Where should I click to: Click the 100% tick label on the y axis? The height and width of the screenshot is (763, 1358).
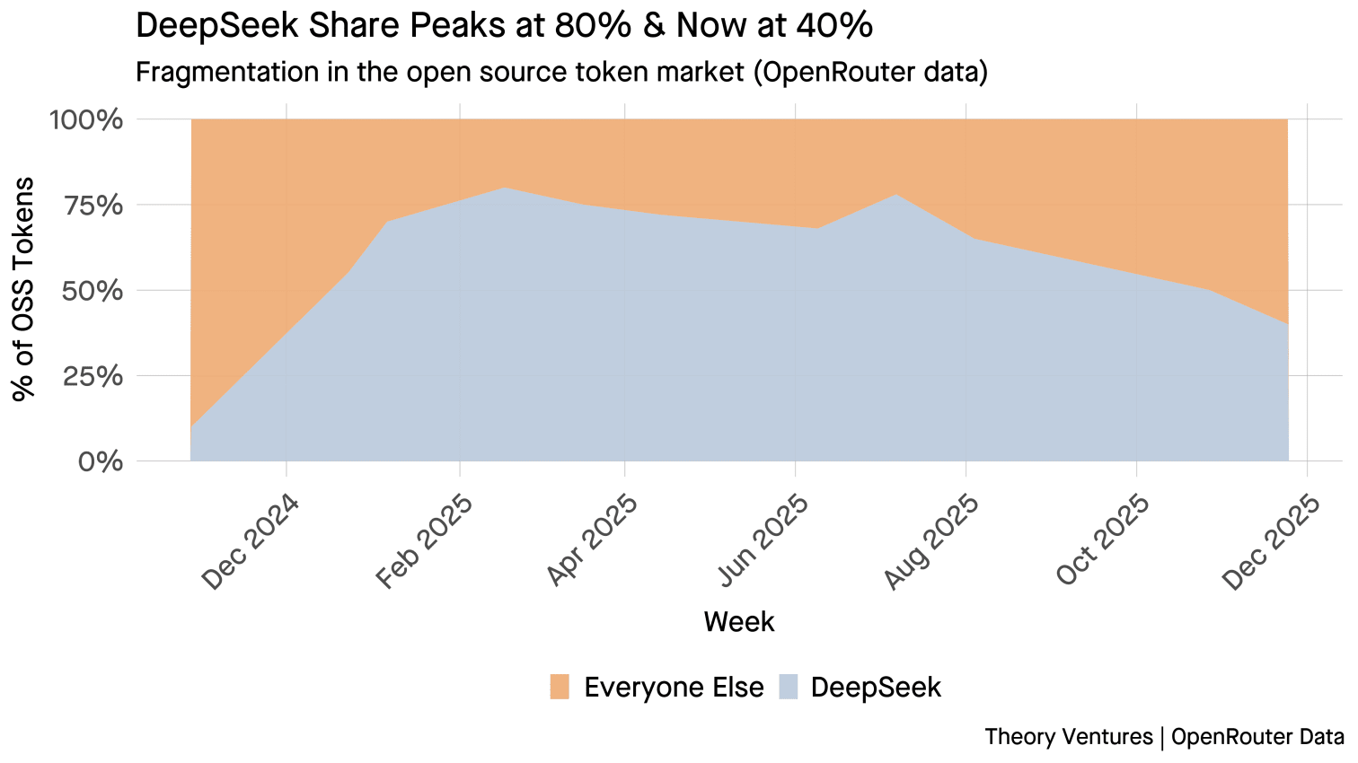85,120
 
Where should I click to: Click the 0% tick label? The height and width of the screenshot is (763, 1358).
100,462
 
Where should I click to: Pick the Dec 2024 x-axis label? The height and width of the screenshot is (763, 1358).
250,541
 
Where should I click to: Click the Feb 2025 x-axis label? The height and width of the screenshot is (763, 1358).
423,541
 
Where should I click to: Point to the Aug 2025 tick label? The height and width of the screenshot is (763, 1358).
931,541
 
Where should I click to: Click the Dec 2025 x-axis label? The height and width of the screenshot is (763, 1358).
1272,541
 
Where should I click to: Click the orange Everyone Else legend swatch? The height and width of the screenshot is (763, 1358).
560,687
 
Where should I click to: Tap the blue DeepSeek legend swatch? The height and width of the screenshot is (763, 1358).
786,687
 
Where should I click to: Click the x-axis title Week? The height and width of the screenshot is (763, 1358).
738,621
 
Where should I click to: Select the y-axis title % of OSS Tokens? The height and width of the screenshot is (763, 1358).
23,289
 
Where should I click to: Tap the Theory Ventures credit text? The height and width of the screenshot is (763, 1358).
1068,737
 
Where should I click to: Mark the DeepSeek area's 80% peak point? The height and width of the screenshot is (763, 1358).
505,188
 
